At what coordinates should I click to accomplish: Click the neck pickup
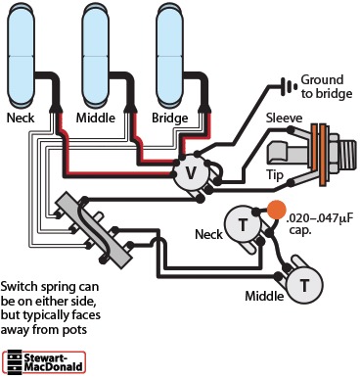[21, 56]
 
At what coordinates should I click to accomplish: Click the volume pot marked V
[191, 173]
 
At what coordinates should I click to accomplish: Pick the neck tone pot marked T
[243, 224]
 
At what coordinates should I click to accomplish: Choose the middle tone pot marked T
[304, 285]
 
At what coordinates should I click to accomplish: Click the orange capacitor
[277, 210]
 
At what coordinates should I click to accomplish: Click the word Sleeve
[284, 118]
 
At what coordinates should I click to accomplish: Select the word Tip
[275, 175]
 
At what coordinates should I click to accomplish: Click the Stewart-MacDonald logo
[44, 361]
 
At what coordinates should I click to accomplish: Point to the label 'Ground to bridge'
[327, 86]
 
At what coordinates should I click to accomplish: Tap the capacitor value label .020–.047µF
[320, 218]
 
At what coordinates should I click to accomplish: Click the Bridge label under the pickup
[170, 118]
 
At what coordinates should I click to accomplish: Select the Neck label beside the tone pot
[208, 234]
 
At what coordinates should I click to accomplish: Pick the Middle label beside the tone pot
[264, 296]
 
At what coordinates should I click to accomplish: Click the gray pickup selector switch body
[94, 228]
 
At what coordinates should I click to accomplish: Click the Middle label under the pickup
[96, 118]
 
